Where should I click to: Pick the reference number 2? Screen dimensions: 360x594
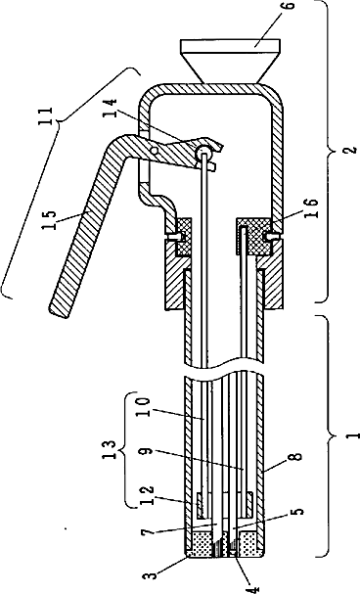click(x=351, y=149)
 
